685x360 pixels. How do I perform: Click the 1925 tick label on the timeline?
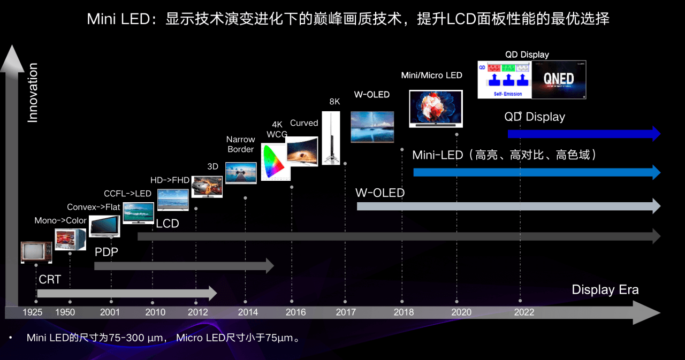pyautogui.click(x=33, y=312)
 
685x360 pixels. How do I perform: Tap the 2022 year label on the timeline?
pyautogui.click(x=524, y=312)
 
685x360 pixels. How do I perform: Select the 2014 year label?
pyautogui.click(x=248, y=312)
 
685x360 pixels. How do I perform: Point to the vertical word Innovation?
pyautogui.click(x=33, y=93)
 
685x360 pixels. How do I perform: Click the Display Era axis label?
pyautogui.click(x=605, y=289)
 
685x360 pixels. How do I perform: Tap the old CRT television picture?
pyautogui.click(x=36, y=252)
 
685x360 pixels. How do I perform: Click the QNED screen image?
pyautogui.click(x=559, y=80)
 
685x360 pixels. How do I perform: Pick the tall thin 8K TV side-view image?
pyautogui.click(x=331, y=137)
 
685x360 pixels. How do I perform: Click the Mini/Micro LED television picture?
pyautogui.click(x=436, y=109)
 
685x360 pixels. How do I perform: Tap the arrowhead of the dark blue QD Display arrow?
pyautogui.click(x=655, y=133)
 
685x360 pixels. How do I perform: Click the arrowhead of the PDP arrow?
pyautogui.click(x=269, y=265)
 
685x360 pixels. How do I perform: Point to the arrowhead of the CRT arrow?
pyautogui.click(x=212, y=293)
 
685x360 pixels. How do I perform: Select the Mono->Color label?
pyautogui.click(x=60, y=220)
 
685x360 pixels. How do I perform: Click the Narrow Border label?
pyautogui.click(x=241, y=144)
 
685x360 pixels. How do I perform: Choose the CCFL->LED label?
pyautogui.click(x=127, y=193)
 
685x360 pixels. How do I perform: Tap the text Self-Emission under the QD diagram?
pyautogui.click(x=505, y=94)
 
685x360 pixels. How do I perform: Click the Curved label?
pyautogui.click(x=304, y=123)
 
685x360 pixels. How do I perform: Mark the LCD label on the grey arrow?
pyautogui.click(x=168, y=224)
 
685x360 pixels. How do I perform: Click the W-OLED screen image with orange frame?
pyautogui.click(x=372, y=127)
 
